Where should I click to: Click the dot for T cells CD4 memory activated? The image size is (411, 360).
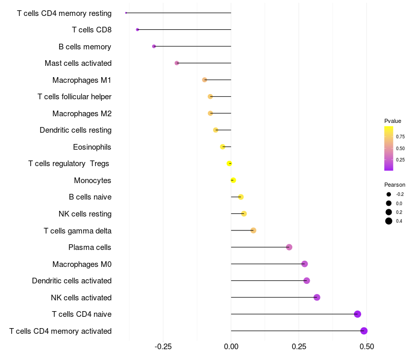coord(364,331)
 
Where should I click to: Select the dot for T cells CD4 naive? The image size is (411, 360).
coord(357,314)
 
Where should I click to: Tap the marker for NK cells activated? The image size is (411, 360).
coord(317,297)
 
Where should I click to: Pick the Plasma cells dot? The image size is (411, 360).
coord(289,247)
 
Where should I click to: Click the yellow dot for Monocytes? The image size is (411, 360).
coord(233,181)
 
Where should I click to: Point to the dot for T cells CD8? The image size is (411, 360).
coord(137,30)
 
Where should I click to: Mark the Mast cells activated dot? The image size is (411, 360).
coord(177,63)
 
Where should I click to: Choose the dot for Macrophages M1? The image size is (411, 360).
coord(204,80)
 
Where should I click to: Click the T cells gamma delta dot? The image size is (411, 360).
coord(253,230)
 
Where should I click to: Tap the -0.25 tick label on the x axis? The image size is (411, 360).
coord(163,347)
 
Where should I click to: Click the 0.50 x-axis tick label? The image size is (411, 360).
coord(367,347)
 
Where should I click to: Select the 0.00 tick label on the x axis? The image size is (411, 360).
coord(231,347)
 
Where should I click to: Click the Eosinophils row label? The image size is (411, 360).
coord(92,147)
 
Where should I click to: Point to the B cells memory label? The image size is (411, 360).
coord(85,47)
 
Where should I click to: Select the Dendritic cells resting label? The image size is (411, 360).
coord(76,130)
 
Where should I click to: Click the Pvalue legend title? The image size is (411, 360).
coord(393,121)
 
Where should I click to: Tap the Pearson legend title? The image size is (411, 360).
coord(395,185)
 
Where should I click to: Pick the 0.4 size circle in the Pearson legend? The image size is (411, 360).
coord(389,221)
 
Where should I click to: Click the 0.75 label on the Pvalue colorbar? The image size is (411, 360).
coord(400,137)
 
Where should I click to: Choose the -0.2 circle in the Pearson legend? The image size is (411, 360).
coord(389,194)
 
